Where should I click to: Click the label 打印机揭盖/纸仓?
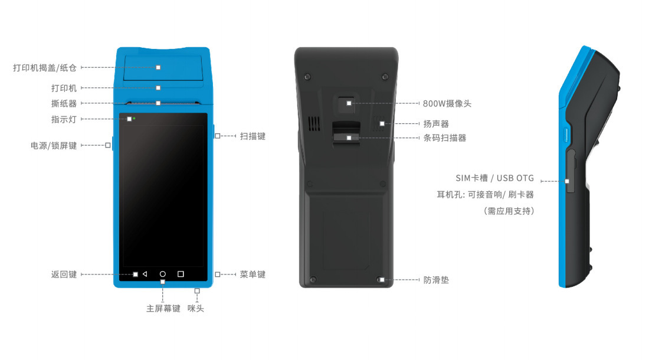[x=45, y=68]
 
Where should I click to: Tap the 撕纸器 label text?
[x=64, y=103]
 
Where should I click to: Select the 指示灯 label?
[x=64, y=119]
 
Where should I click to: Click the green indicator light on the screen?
[x=135, y=119]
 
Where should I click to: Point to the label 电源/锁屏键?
[x=54, y=145]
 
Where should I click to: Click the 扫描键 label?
[x=253, y=136]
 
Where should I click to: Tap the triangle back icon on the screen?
[x=145, y=274]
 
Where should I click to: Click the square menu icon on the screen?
[x=181, y=274]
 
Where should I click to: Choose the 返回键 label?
[x=64, y=274]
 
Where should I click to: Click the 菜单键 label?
[x=253, y=274]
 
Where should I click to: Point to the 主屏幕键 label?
[x=163, y=309]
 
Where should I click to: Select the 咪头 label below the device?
[x=196, y=309]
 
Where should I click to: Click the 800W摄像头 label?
[x=447, y=103]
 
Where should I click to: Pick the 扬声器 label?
[x=436, y=124]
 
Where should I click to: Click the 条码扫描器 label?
[x=445, y=138]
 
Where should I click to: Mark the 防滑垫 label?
[x=436, y=280]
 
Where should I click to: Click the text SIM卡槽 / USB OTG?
[x=494, y=178]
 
